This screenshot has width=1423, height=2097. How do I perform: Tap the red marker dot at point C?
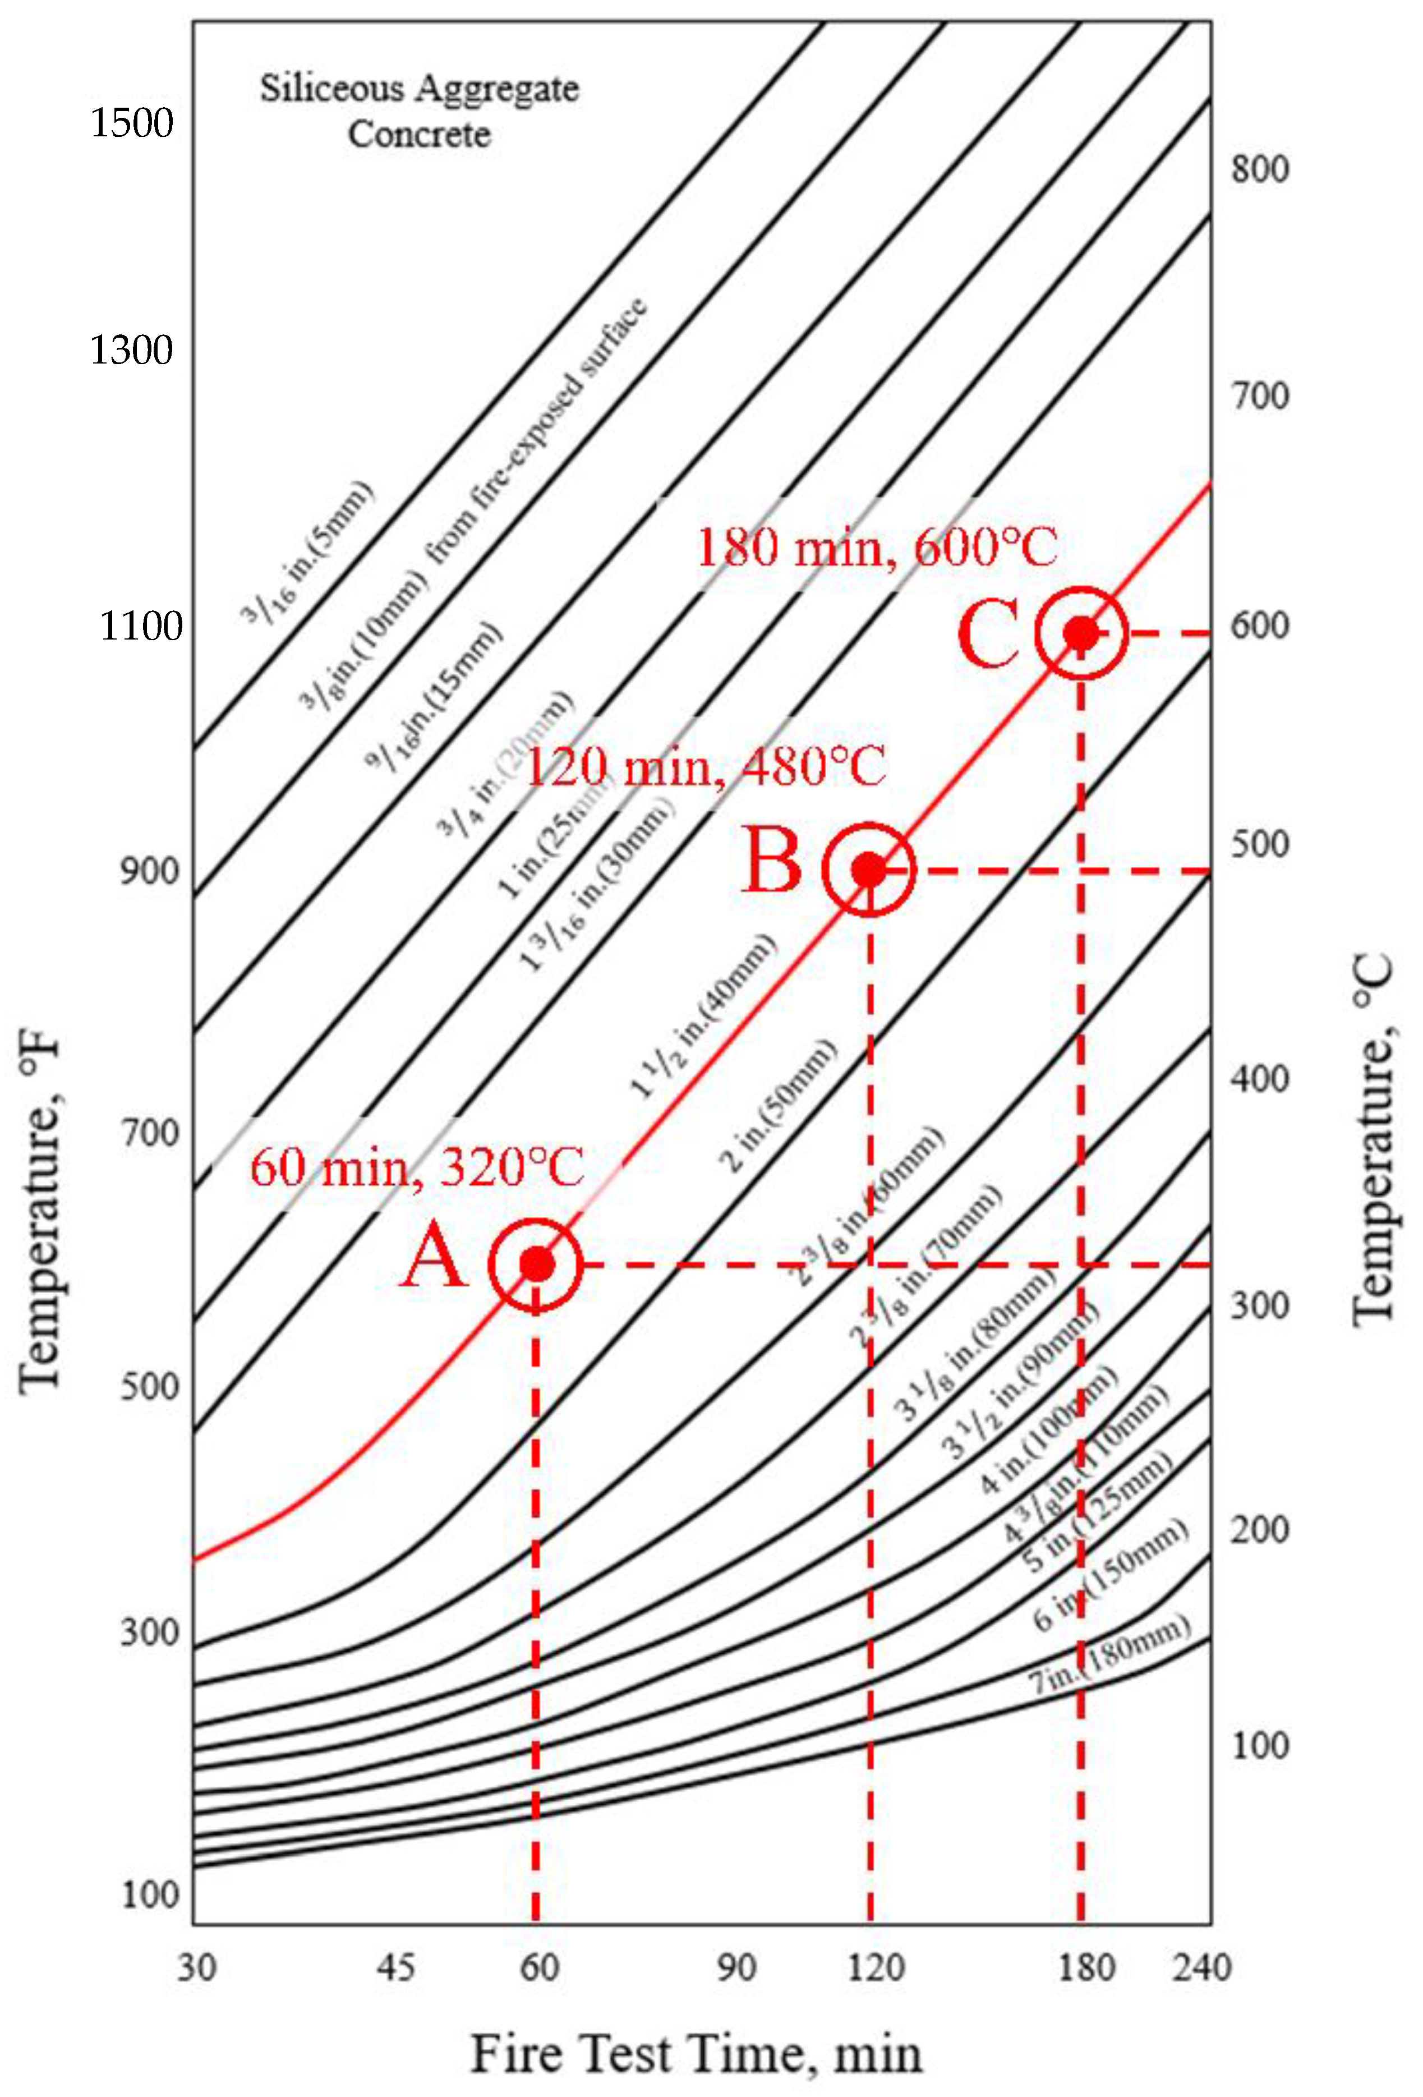[x=1081, y=633]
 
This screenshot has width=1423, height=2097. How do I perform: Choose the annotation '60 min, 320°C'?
[x=417, y=1167]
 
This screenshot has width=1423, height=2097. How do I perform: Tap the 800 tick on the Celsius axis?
[x=1260, y=169]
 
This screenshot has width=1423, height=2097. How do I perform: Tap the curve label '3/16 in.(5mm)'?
[x=307, y=552]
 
